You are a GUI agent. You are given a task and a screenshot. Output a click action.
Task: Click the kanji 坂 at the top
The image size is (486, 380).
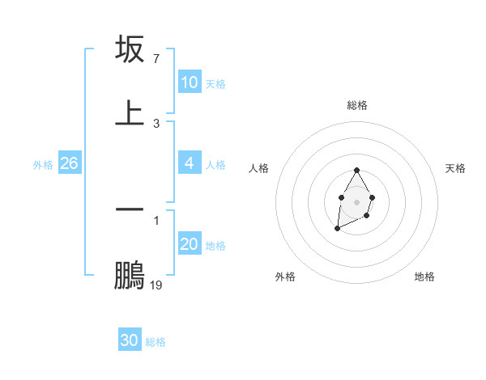coord(130,49)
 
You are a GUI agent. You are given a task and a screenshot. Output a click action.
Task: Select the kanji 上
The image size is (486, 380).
coord(130,112)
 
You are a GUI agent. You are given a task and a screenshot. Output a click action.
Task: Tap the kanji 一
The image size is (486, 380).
coord(130,208)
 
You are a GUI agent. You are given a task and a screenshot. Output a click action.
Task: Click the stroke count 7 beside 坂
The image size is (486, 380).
coord(156,59)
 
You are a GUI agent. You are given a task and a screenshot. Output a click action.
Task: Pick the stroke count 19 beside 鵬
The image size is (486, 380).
coord(156,285)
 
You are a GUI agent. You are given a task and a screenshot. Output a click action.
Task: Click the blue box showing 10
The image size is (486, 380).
coord(190,82)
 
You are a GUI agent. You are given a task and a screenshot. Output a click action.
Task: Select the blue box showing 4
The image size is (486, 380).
coord(190,163)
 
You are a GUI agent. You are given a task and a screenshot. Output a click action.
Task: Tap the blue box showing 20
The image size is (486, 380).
coord(190,244)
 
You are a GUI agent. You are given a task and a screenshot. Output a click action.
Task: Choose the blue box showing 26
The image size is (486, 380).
coord(69,163)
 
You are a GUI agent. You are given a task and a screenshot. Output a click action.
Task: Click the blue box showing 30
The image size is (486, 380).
coord(130,340)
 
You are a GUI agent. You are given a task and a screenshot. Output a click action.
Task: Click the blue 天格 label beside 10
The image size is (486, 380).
coord(215,84)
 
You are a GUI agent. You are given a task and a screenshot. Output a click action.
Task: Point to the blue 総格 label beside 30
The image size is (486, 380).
coord(156,342)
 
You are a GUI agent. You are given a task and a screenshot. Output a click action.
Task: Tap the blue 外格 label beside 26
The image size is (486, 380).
coord(43,165)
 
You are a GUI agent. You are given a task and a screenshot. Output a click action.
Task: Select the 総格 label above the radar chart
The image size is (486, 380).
coord(357,105)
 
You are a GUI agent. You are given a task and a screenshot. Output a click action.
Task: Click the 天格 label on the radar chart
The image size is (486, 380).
coord(455,168)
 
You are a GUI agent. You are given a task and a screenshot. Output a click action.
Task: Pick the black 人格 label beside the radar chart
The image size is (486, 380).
coord(259,168)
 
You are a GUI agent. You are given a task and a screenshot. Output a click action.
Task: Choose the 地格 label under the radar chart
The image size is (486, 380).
coord(424,277)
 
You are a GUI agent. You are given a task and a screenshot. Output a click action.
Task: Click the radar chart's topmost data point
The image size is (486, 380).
coord(356,171)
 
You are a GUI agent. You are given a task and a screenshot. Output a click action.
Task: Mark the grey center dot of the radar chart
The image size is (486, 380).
coord(356,201)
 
